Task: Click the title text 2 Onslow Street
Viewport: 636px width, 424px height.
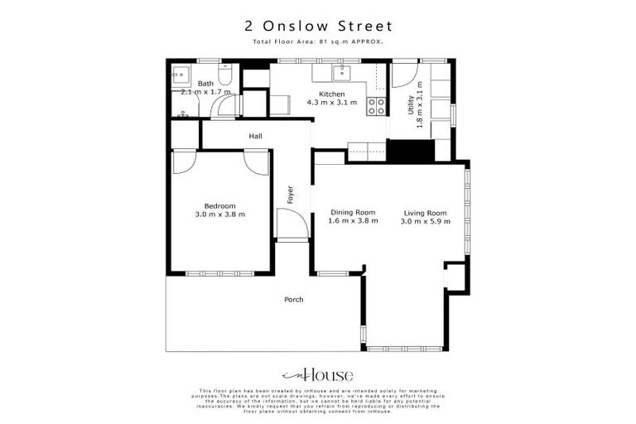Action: (x=317, y=26)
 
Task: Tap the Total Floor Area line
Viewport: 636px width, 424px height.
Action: (x=317, y=41)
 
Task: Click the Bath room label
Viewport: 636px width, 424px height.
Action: (x=205, y=83)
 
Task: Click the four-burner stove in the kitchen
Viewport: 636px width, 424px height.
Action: (x=377, y=106)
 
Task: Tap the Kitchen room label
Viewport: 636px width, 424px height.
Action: (x=331, y=94)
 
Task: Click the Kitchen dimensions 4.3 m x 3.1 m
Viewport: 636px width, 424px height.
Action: (x=331, y=104)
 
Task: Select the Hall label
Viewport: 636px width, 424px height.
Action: (x=255, y=137)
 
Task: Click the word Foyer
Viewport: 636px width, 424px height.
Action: (x=291, y=194)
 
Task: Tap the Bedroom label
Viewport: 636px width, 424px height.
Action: (x=220, y=205)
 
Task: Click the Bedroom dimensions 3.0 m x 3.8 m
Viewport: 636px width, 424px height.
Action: (x=220, y=214)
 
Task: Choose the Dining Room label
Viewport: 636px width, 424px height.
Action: (x=353, y=212)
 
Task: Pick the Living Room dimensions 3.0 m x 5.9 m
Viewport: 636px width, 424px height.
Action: (x=426, y=221)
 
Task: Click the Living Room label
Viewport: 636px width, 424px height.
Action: (x=426, y=212)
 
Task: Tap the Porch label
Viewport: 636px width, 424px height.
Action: (x=293, y=299)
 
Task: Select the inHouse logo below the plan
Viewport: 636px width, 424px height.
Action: (x=317, y=374)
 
